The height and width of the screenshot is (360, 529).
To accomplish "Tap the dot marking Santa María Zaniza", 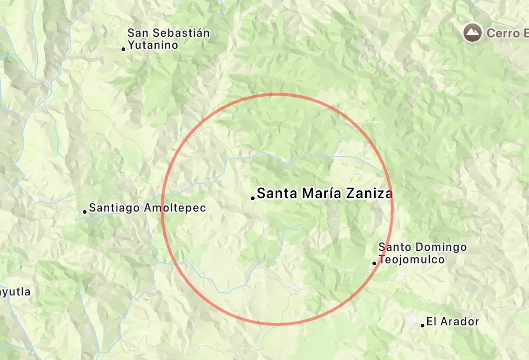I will pos(253,198).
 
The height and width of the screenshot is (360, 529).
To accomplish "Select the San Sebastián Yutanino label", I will pos(169,39).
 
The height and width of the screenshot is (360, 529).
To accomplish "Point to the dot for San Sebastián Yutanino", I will pos(123,49).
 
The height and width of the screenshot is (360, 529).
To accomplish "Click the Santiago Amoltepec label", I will pos(147,208).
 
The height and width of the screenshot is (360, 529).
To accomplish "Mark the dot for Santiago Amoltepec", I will pos(85,212).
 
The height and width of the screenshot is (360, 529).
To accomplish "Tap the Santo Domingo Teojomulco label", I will pos(422,253).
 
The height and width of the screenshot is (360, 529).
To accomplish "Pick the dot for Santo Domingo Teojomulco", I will pos(375,263).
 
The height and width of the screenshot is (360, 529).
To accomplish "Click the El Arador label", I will pos(453,321).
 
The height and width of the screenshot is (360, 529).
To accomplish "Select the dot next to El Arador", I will pos(423,325).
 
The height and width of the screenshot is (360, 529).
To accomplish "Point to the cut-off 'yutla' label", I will pos(15,292).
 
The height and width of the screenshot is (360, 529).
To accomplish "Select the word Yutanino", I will pos(153,45).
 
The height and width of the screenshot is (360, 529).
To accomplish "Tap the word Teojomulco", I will pos(412,259).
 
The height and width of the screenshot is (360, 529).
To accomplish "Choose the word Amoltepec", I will pos(175,208).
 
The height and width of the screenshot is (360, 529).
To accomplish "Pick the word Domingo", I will pos(441,247).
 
